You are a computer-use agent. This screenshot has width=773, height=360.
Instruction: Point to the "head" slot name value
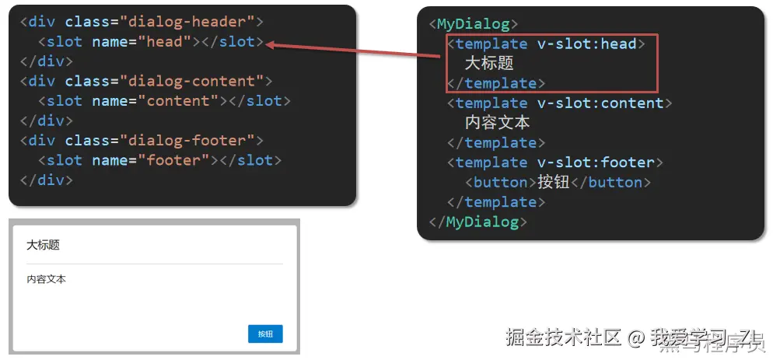(168, 41)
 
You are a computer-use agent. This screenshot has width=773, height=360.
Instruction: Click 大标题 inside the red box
(489, 64)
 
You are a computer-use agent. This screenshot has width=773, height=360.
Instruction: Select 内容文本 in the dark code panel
(498, 123)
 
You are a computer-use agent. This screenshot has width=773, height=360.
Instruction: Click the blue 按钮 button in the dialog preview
(265, 334)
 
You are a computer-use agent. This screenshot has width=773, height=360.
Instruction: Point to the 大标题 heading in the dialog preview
(43, 246)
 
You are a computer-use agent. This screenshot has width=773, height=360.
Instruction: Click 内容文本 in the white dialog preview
(47, 279)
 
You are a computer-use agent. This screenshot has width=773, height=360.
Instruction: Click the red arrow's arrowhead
(269, 46)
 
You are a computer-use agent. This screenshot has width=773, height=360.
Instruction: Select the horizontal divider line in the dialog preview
(154, 264)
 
